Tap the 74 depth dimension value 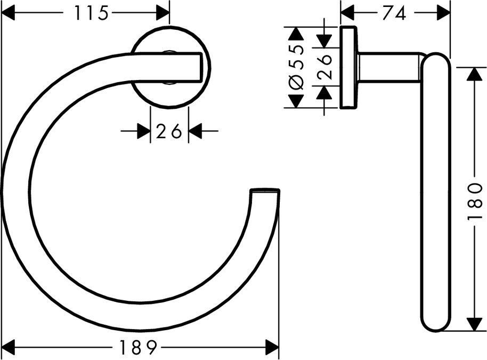[394, 13]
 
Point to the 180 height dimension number [476, 199]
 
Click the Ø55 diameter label [297, 67]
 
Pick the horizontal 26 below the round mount [169, 131]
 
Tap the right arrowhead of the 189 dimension [272, 348]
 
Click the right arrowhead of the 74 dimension [443, 13]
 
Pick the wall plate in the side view [348, 67]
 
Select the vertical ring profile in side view [435, 192]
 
